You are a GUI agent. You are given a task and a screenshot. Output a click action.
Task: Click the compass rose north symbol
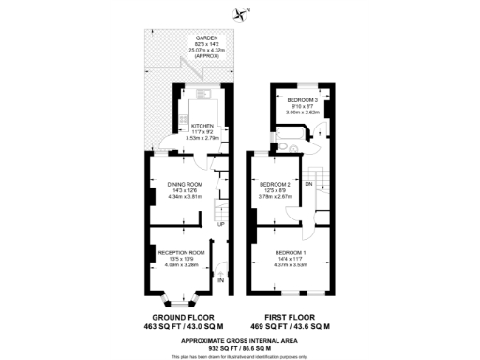point(246,13)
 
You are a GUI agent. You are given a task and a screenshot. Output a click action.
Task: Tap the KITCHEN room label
point(203,124)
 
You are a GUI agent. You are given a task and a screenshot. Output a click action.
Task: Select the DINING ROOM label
point(185,184)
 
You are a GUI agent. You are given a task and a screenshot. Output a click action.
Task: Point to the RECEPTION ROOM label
point(181,253)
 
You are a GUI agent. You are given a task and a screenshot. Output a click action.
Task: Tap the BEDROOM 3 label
point(303,99)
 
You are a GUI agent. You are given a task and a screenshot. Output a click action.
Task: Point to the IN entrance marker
point(221,280)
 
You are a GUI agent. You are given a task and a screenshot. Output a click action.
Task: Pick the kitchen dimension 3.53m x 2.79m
point(203,137)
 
